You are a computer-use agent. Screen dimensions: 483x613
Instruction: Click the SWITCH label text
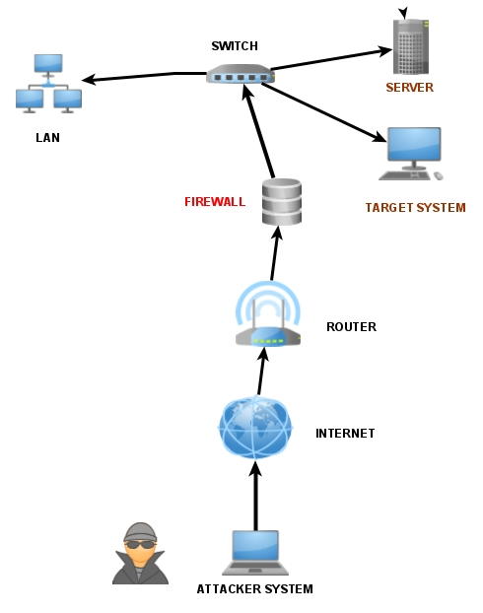click(235, 46)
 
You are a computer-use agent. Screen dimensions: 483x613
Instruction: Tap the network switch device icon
click(241, 74)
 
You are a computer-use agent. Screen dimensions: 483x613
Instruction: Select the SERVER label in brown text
click(409, 87)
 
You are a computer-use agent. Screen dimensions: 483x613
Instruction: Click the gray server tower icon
click(411, 46)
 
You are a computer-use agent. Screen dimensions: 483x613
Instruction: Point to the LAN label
click(47, 138)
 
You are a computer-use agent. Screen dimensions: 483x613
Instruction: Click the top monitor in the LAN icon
click(48, 65)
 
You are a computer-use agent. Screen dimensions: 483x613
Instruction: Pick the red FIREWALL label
click(215, 202)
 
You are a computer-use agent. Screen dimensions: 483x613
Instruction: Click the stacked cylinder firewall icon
click(282, 202)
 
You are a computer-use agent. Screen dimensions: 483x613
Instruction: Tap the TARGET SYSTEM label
click(415, 208)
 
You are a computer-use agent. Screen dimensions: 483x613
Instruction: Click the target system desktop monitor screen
click(414, 144)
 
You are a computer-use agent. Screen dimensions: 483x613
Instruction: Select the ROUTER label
click(351, 327)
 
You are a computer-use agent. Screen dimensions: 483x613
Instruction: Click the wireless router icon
click(268, 314)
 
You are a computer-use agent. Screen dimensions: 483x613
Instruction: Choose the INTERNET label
click(345, 434)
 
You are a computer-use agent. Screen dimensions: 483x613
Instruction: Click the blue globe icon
click(255, 427)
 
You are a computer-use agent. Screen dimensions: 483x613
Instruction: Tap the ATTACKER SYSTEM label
click(254, 588)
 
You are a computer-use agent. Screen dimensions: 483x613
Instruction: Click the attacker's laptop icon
click(255, 553)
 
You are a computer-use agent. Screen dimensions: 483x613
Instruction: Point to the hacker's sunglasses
click(140, 544)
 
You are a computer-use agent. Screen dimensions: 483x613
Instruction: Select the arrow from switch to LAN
click(144, 76)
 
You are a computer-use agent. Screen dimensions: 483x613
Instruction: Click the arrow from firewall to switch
click(257, 131)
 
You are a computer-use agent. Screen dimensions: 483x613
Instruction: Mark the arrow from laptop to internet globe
click(255, 496)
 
